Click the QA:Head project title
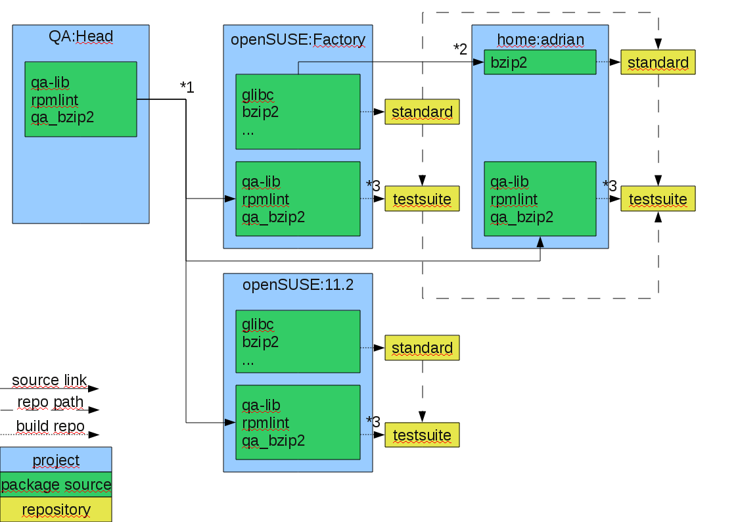[81, 37]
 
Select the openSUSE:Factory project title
[298, 39]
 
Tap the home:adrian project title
[540, 39]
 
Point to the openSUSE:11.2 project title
[298, 285]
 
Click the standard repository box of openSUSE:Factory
[422, 112]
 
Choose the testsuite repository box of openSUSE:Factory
[422, 199]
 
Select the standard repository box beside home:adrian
[658, 62]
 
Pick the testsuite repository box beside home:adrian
[658, 199]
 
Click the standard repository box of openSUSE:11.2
[422, 348]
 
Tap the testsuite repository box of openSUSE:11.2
[422, 435]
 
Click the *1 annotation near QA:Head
[187, 87]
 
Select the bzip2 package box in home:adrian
[540, 62]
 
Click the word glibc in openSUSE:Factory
[258, 95]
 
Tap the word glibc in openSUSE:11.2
[258, 324]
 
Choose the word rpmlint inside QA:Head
[55, 100]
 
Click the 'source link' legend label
[49, 380]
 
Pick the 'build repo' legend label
[51, 426]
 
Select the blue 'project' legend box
[56, 460]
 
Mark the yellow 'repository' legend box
[56, 510]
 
